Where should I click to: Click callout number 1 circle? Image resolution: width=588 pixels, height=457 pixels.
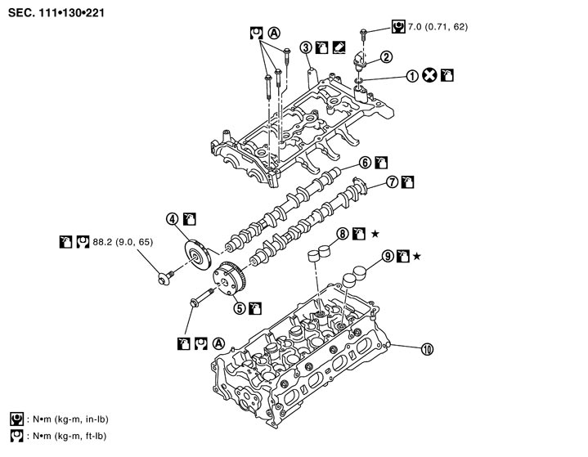click(x=415, y=76)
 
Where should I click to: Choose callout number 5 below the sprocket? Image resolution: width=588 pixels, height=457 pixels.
click(x=365, y=162)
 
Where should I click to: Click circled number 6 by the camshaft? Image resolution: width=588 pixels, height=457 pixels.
click(x=393, y=181)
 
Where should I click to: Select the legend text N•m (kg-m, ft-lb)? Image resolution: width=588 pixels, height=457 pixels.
click(x=376, y=234)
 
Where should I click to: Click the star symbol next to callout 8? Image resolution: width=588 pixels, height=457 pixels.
click(x=430, y=76)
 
